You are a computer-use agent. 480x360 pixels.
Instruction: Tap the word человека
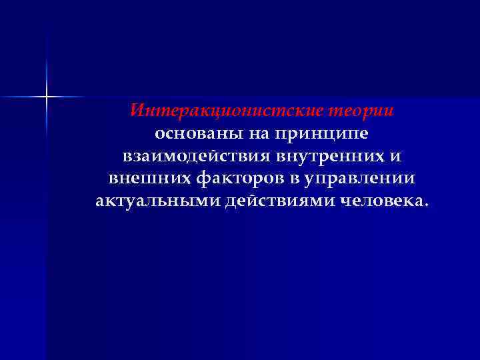pos(377,201)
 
